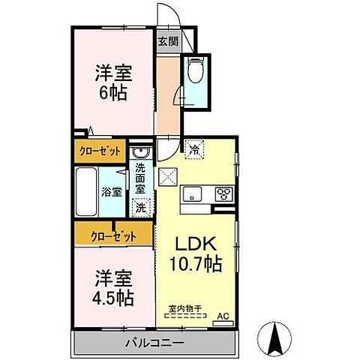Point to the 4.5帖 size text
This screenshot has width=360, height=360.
[x=112, y=297]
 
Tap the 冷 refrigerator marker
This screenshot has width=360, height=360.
[x=193, y=148]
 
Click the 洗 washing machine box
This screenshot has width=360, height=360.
[x=140, y=206]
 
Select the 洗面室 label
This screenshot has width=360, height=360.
[x=140, y=180]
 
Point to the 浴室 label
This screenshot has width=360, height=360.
[x=112, y=191]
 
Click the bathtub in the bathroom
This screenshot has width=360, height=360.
[x=88, y=191]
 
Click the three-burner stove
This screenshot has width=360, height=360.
[x=223, y=193]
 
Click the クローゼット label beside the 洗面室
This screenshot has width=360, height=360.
[x=100, y=150]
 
